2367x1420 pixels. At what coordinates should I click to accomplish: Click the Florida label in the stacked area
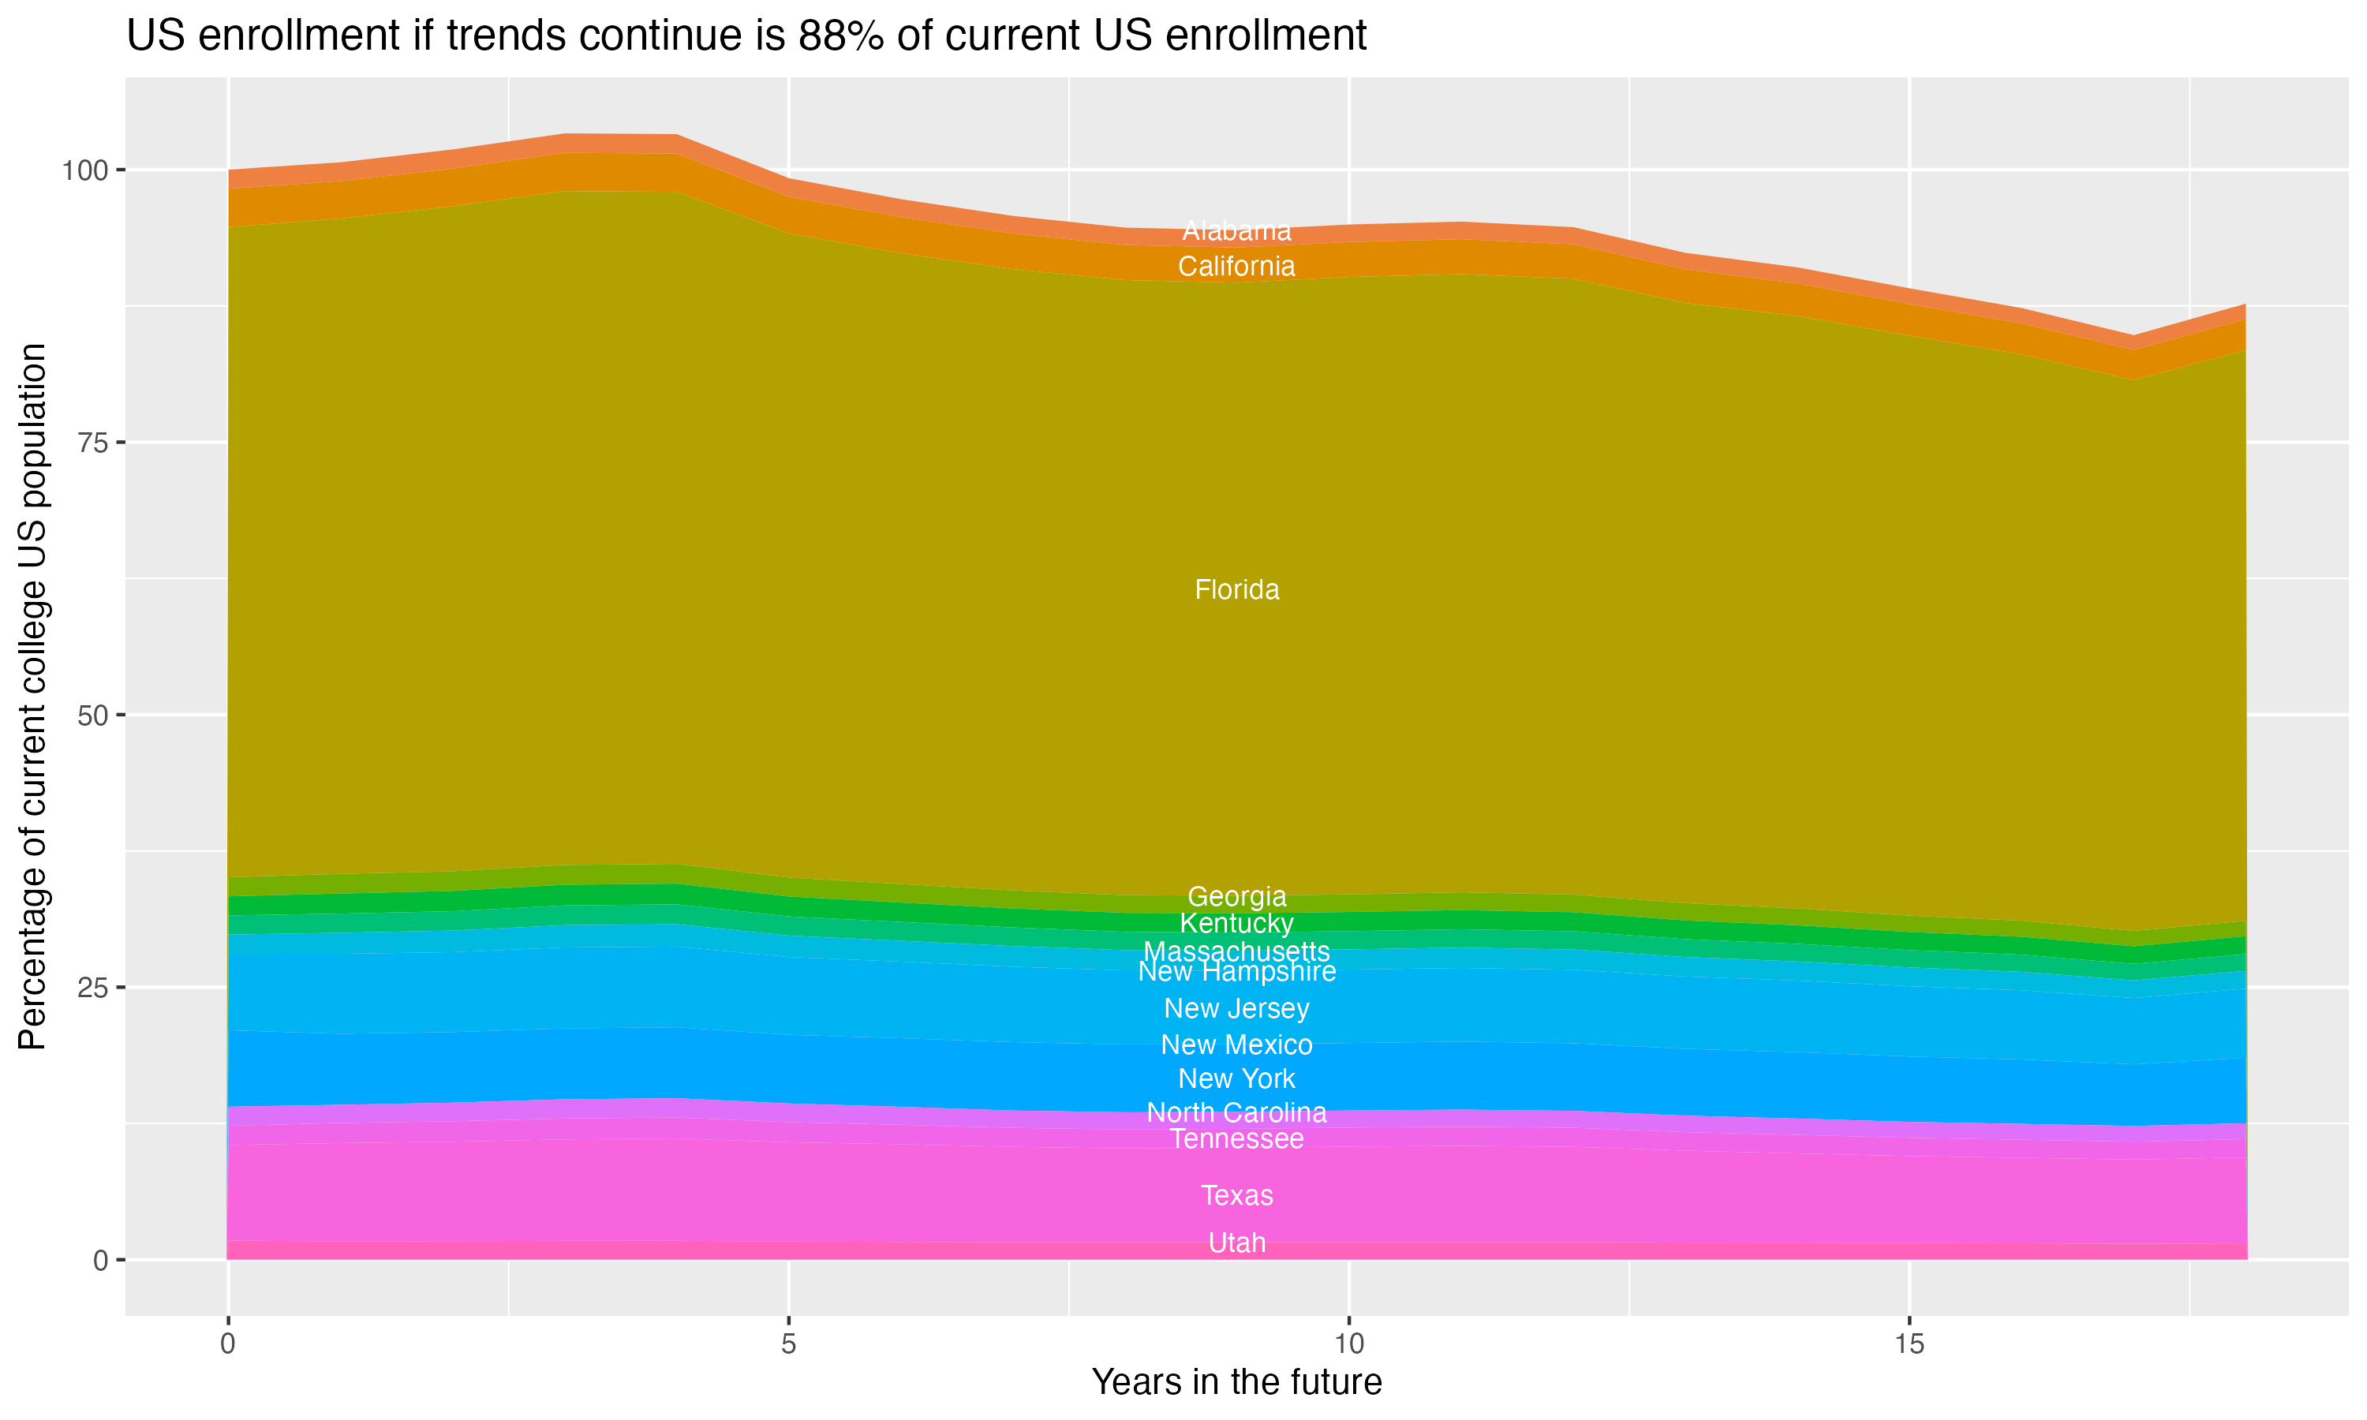click(x=1236, y=589)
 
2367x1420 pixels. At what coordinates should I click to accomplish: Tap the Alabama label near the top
click(x=1236, y=230)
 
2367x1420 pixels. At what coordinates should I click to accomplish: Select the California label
click(x=1236, y=266)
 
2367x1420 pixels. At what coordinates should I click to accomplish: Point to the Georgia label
click(x=1236, y=897)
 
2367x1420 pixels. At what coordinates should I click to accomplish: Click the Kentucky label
click(x=1236, y=923)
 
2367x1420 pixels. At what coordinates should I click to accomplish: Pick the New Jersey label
click(x=1236, y=1008)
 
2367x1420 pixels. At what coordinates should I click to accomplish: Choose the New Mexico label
click(x=1236, y=1045)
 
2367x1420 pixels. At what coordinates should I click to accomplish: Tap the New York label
click(x=1236, y=1078)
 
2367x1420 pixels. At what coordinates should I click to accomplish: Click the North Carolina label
click(x=1236, y=1113)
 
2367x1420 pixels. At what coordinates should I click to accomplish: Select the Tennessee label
click(x=1236, y=1138)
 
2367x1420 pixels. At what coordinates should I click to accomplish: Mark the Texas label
click(x=1236, y=1195)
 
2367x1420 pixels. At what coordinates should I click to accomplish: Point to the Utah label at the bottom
click(x=1236, y=1243)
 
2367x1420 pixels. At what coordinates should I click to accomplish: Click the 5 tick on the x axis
click(x=788, y=1344)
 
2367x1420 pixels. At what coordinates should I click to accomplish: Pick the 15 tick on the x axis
click(x=1909, y=1344)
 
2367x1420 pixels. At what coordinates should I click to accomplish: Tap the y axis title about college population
click(x=32, y=697)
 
